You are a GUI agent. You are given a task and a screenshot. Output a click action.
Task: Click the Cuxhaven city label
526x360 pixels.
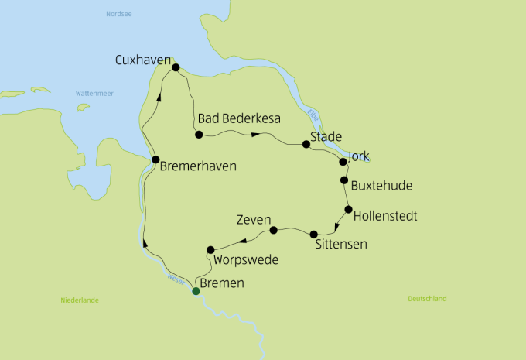[142, 60]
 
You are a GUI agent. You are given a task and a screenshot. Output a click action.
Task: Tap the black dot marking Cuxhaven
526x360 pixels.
[176, 68]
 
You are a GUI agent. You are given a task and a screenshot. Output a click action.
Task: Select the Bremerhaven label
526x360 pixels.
[199, 166]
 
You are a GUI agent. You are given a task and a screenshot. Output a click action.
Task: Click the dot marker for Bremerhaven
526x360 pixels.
[155, 161]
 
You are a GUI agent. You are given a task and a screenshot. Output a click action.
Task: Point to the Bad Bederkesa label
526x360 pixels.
[238, 118]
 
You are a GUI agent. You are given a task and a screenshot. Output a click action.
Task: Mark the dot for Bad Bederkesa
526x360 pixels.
[199, 135]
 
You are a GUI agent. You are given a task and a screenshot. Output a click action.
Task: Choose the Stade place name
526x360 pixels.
[326, 137]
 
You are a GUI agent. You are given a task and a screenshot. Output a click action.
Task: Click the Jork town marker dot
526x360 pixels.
[343, 162]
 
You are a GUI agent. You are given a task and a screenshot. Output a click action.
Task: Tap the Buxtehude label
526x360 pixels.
[381, 186]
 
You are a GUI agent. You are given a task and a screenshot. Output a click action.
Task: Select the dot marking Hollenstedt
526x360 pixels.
[348, 209]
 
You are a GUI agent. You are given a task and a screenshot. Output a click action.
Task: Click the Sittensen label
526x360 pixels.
[341, 245]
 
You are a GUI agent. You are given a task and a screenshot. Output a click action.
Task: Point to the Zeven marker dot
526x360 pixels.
[273, 230]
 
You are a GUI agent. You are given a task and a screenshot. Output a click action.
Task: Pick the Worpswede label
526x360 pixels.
[245, 259]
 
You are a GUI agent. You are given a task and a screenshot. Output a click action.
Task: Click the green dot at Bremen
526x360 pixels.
[196, 291]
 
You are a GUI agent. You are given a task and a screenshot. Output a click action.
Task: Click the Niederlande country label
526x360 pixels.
[79, 300]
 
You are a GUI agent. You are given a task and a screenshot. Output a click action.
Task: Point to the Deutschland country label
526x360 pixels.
[427, 298]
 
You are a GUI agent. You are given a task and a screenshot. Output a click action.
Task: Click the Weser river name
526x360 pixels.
[176, 278]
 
